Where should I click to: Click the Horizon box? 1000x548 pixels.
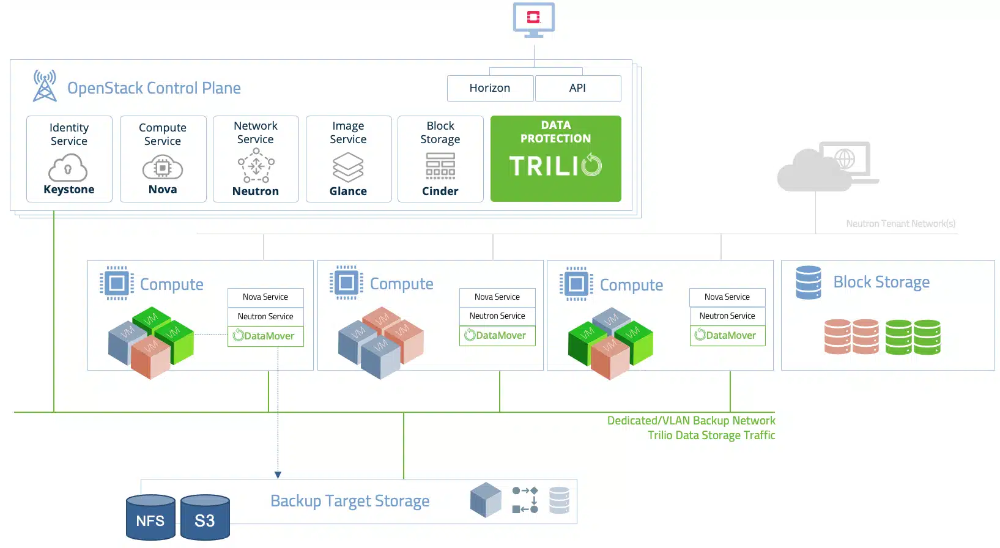490,88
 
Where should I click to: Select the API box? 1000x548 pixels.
577,88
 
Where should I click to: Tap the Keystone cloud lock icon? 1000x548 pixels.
68,168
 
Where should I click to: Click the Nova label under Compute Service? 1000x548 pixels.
163,190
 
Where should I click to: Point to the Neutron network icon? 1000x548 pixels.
256,166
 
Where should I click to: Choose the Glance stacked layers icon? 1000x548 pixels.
348,167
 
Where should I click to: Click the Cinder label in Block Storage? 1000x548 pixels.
440,191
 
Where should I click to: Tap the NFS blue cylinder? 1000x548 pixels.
150,518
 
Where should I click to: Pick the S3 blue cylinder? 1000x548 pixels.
205,518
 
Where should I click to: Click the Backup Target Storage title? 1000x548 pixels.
350,501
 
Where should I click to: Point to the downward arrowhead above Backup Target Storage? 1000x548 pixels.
278,475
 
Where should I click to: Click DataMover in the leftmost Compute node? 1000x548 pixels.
265,336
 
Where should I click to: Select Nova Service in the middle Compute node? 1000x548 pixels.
497,297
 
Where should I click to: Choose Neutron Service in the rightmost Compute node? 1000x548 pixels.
727,316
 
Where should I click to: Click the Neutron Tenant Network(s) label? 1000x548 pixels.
900,224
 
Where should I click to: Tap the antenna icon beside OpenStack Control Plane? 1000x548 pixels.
45,86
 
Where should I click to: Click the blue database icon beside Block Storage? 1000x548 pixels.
808,282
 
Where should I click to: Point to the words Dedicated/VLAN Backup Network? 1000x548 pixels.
691,421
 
